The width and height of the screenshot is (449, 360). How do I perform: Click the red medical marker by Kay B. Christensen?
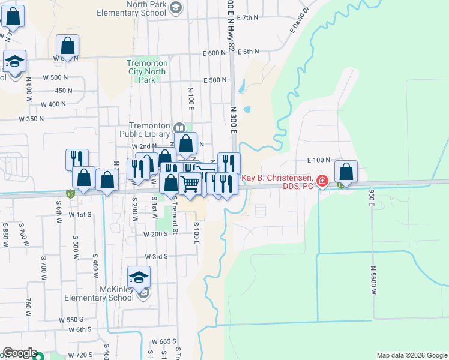[x=322, y=181]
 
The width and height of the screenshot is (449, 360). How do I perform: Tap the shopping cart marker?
[x=190, y=183]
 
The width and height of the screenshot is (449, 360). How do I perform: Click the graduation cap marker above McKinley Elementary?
[x=139, y=277]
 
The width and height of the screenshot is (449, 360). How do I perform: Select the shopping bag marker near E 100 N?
[x=346, y=171]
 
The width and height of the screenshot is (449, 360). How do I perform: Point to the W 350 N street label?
[x=32, y=119]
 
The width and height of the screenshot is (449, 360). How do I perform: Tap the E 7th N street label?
[x=248, y=18]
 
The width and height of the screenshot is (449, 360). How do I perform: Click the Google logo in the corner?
[x=20, y=353]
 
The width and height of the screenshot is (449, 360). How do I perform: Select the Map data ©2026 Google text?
[x=411, y=355]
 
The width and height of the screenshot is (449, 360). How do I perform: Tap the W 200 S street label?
[x=155, y=234]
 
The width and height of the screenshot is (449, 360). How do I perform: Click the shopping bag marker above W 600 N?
[x=68, y=45]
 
